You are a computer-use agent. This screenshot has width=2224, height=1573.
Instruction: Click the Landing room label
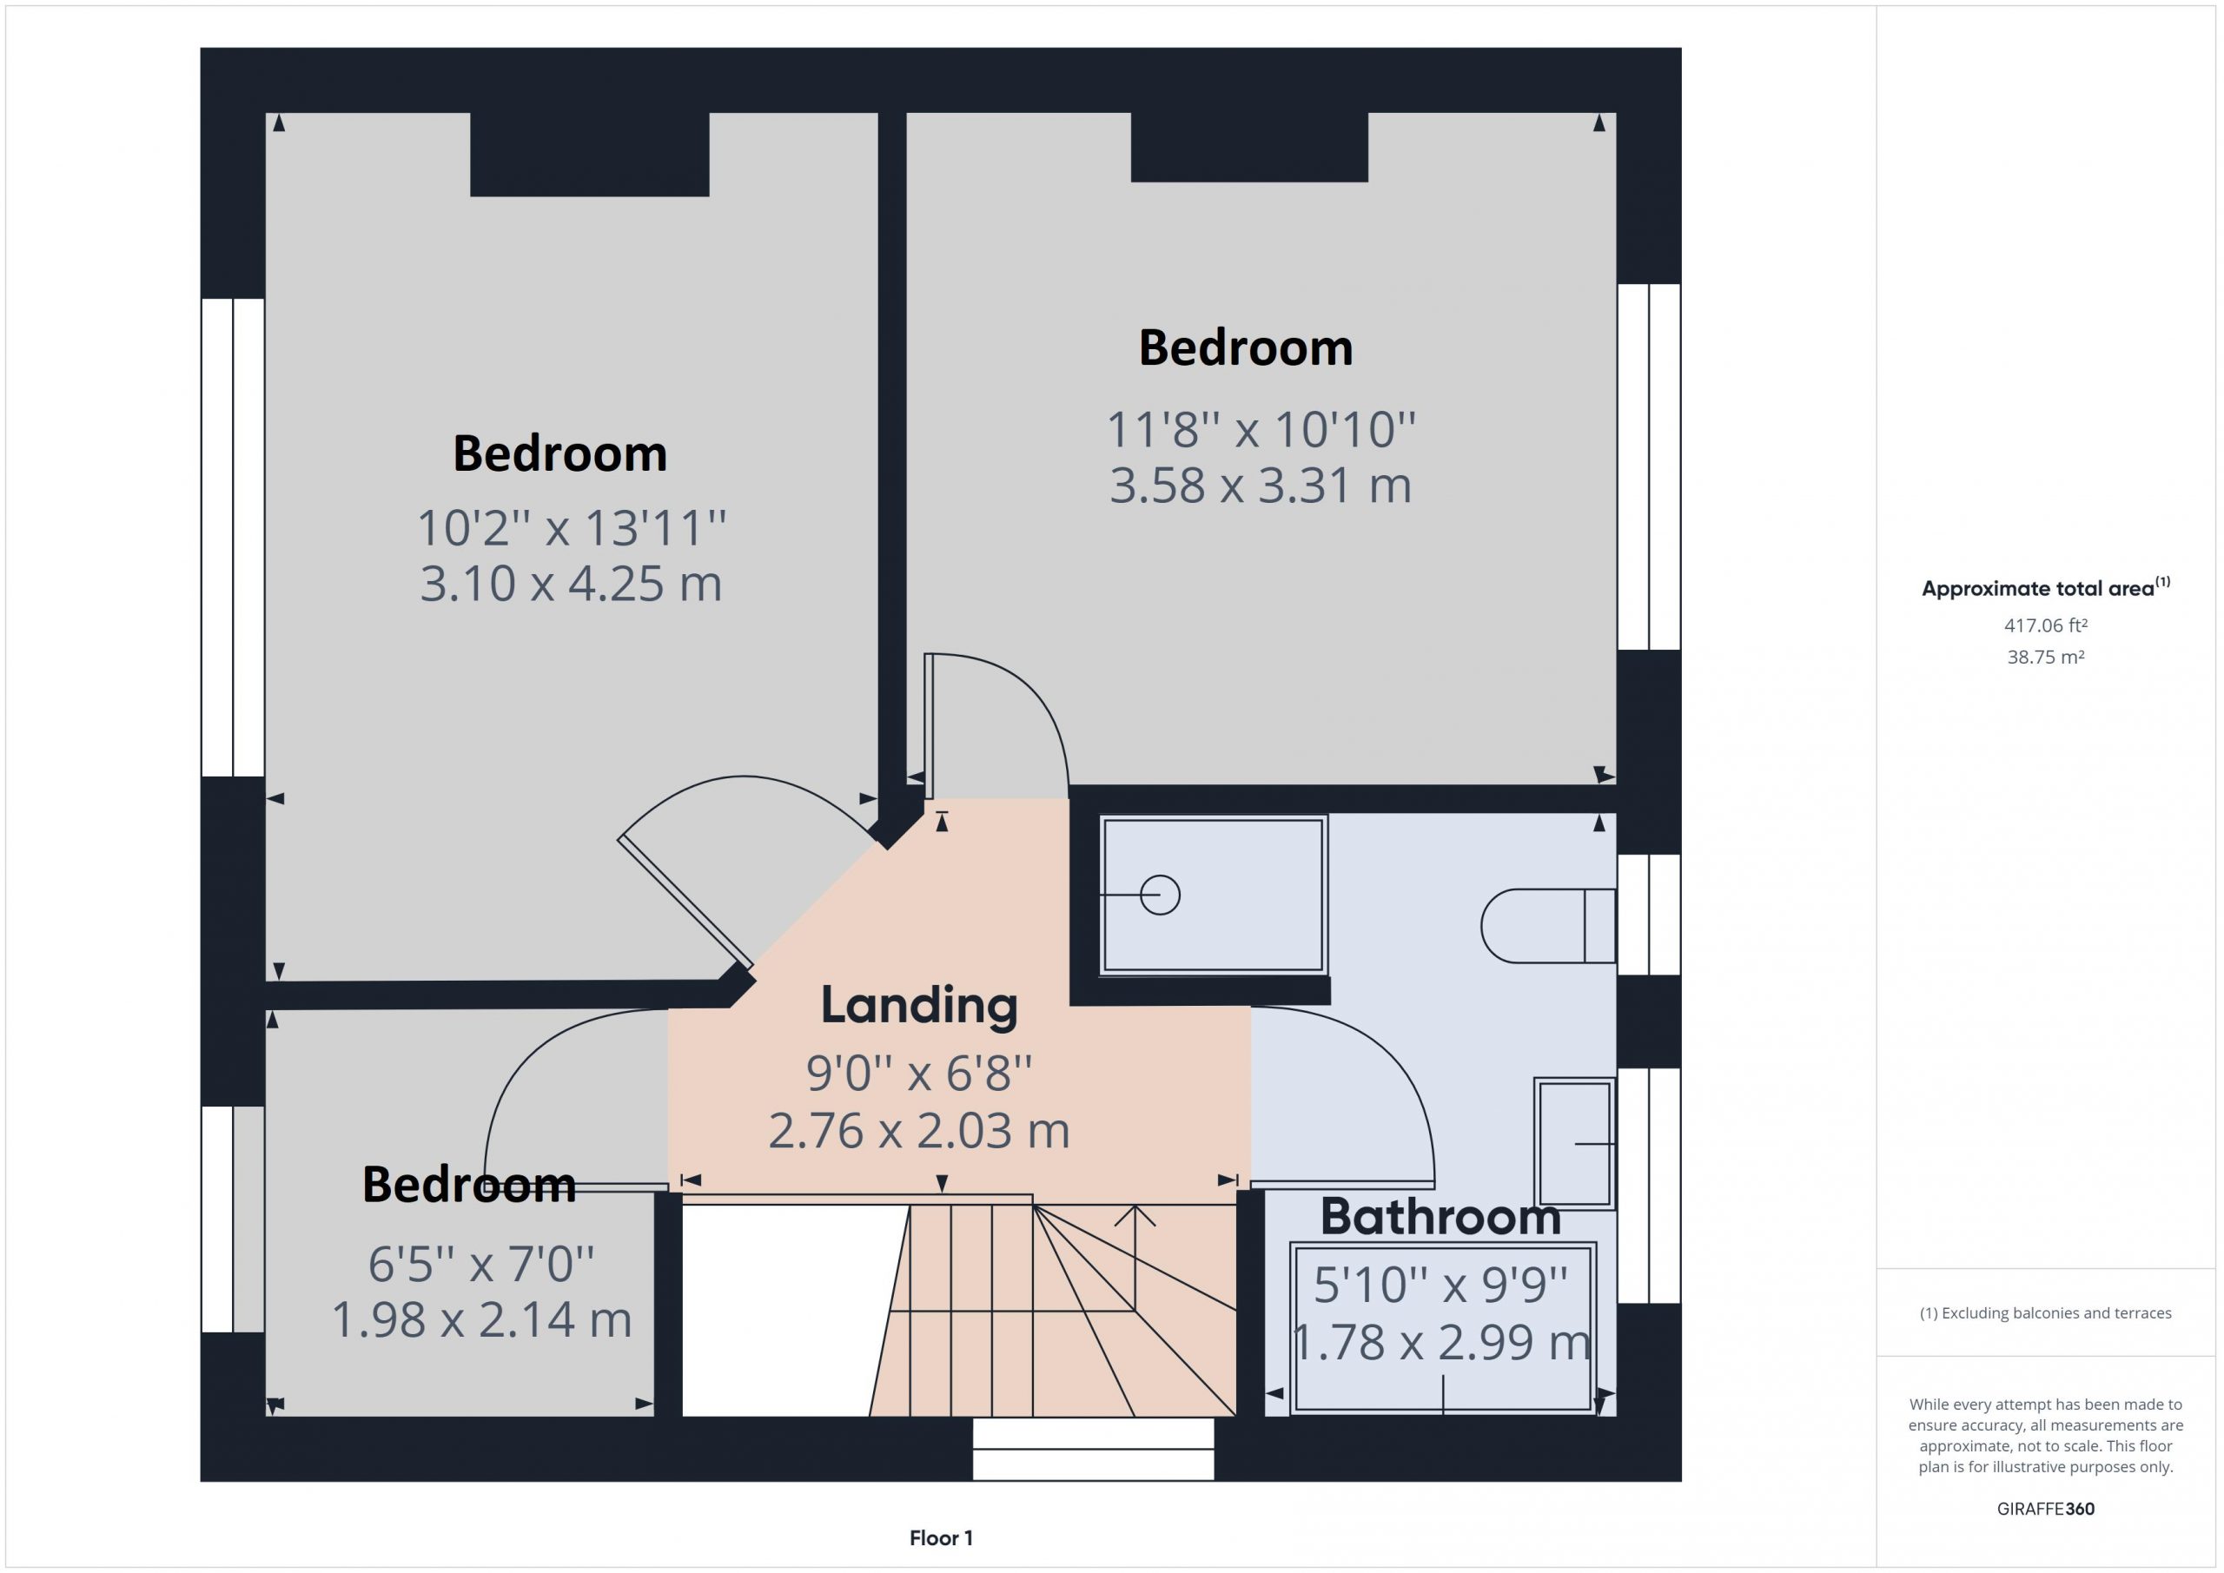pos(919,1006)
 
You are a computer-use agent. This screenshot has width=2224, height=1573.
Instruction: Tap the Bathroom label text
pos(1440,1217)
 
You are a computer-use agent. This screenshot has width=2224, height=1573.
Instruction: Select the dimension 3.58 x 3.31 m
pos(1261,486)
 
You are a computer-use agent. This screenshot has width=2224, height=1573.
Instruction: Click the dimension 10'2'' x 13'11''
pos(572,528)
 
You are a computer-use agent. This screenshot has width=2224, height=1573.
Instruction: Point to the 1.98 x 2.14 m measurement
pos(481,1319)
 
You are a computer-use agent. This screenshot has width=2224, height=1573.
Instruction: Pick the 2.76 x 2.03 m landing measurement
pos(919,1130)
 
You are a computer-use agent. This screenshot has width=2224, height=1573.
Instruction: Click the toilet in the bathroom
pos(1548,926)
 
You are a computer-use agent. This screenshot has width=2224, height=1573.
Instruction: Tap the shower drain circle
pos(1160,895)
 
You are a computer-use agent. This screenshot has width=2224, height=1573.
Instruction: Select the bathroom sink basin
pos(1575,1143)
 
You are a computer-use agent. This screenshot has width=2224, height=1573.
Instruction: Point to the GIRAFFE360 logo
pos(2046,1509)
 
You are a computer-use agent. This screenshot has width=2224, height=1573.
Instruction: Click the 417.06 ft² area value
pos(2046,625)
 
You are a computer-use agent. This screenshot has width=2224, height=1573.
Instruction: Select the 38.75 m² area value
pos(2046,657)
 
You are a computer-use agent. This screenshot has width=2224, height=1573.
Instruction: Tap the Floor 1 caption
pos(941,1538)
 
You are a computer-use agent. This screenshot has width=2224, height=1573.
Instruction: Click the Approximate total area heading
pos(2046,587)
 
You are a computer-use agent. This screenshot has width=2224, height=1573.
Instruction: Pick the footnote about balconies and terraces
pos(2046,1313)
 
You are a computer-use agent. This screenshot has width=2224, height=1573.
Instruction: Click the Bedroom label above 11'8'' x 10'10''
pos(1246,347)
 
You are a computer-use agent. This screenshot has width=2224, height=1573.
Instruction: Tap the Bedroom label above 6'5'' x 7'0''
pos(469,1185)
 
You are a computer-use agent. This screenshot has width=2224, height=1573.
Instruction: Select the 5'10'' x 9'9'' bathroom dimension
pos(1440,1285)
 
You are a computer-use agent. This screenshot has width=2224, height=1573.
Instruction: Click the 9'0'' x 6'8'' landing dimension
pos(919,1074)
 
